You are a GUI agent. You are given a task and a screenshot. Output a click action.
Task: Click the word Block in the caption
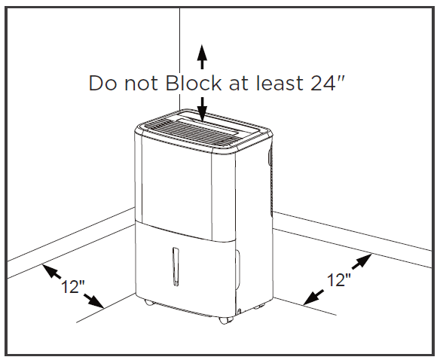click(194, 83)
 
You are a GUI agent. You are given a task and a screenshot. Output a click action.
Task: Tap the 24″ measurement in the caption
click(327, 83)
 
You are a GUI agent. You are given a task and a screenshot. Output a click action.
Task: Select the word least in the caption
click(280, 83)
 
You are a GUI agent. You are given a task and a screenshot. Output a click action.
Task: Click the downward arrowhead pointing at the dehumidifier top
click(202, 114)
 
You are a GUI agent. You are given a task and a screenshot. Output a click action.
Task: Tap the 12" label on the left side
click(72, 286)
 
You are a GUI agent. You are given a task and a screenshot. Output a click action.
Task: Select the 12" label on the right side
click(339, 279)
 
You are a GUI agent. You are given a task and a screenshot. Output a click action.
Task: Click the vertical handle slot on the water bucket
click(176, 267)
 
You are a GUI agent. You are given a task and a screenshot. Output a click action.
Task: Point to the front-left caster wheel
click(148, 302)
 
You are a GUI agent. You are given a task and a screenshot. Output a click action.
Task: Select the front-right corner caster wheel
click(226, 320)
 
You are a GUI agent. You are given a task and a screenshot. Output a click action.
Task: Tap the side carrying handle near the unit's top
click(270, 158)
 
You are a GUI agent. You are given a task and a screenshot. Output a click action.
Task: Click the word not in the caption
click(141, 84)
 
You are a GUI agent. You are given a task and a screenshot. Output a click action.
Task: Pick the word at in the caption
click(239, 84)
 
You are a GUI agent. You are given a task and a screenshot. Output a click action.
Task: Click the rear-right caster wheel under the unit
click(259, 307)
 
